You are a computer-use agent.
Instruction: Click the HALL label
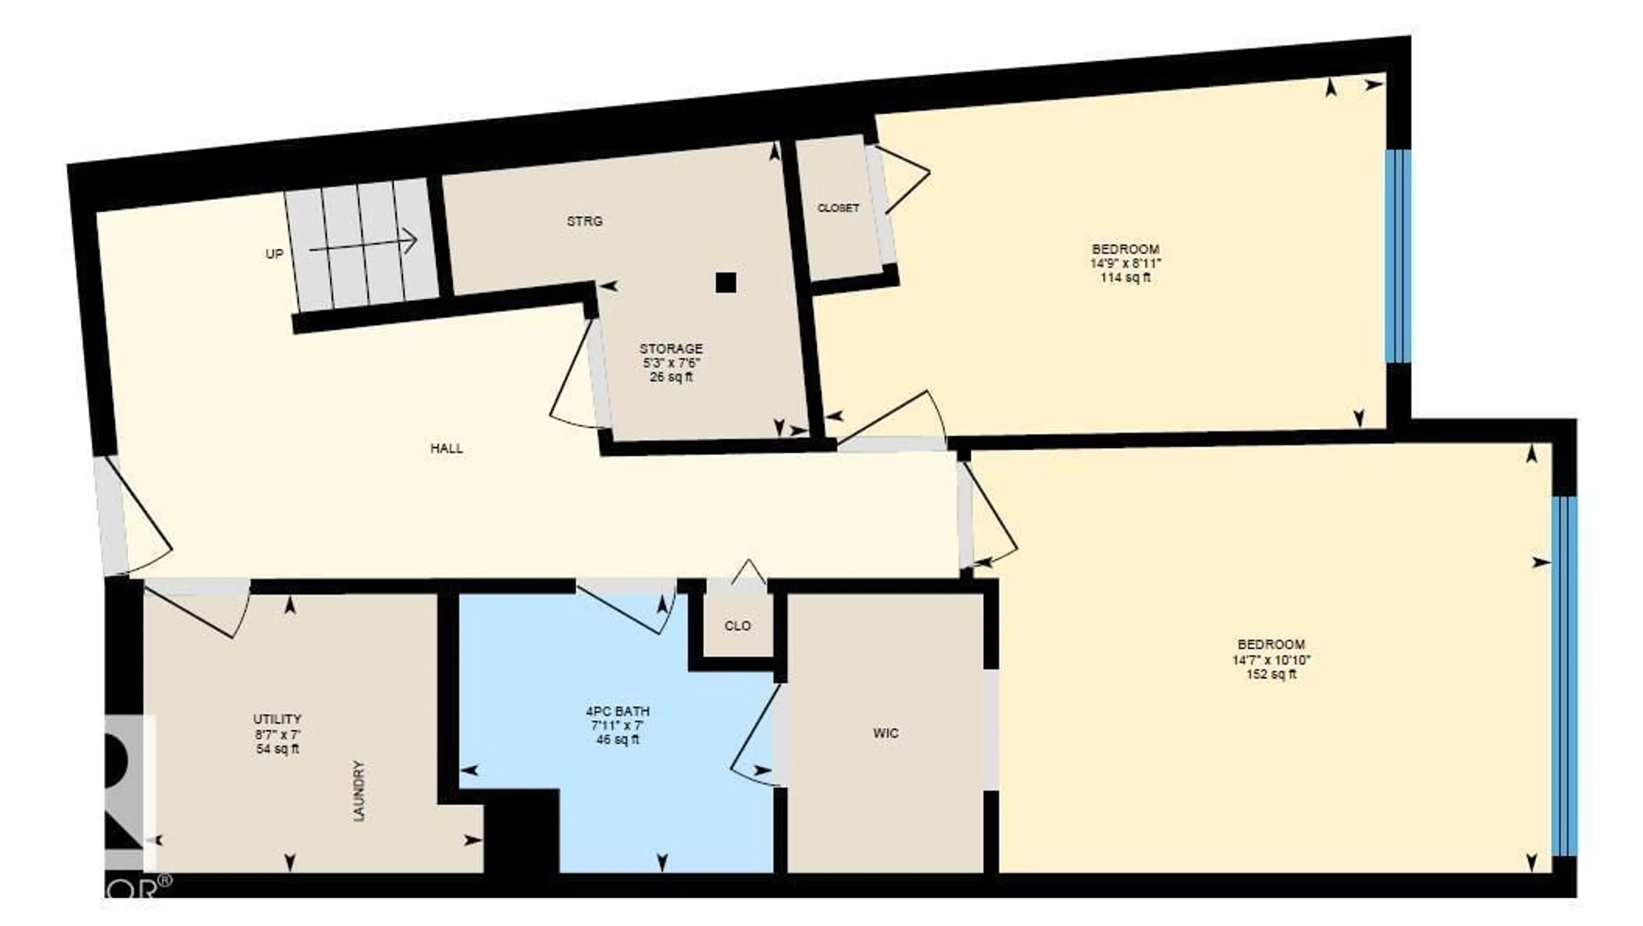[446, 448]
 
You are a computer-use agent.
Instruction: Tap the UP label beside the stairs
[274, 254]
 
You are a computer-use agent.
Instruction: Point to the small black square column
[726, 282]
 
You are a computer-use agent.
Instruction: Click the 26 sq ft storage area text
[671, 377]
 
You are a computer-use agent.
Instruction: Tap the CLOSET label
[838, 208]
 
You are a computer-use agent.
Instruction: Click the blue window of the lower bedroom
[1564, 676]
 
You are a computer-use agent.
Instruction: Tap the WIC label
[886, 733]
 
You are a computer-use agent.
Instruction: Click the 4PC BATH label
[617, 711]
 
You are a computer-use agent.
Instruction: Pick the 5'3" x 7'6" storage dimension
[671, 363]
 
